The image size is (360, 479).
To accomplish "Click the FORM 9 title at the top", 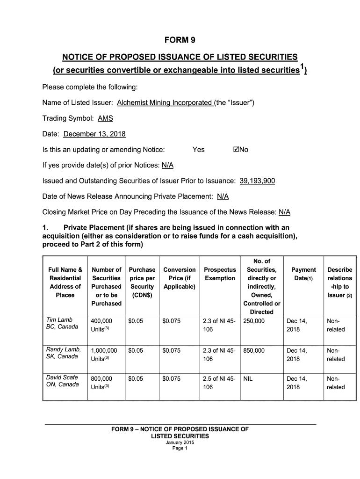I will point(180,40).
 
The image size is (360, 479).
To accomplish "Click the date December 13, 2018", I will point(94,134).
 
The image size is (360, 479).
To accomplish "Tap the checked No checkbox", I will point(236,150).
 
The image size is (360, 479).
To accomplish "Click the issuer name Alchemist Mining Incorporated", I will point(165,102).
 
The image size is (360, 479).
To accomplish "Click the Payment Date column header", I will point(303,274).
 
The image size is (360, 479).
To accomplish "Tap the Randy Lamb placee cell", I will point(64,353).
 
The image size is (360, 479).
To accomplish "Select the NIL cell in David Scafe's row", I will point(248,378).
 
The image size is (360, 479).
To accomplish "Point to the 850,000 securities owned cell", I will point(254,350).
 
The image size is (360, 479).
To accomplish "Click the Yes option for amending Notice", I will point(198,150).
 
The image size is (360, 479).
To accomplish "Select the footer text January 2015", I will point(180,442).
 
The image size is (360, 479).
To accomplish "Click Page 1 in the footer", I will point(180,448).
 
